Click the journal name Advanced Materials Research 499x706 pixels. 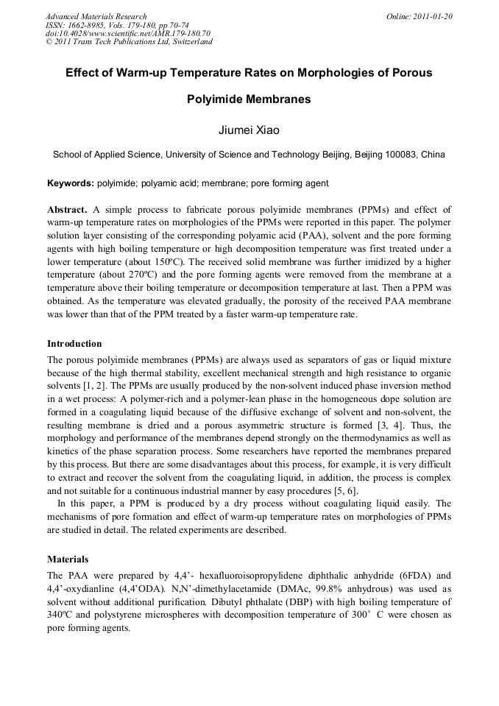click(96, 16)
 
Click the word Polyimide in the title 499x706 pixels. click(214, 99)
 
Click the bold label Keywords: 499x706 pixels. click(70, 183)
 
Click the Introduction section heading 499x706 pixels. click(74, 344)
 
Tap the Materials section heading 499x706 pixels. click(68, 559)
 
